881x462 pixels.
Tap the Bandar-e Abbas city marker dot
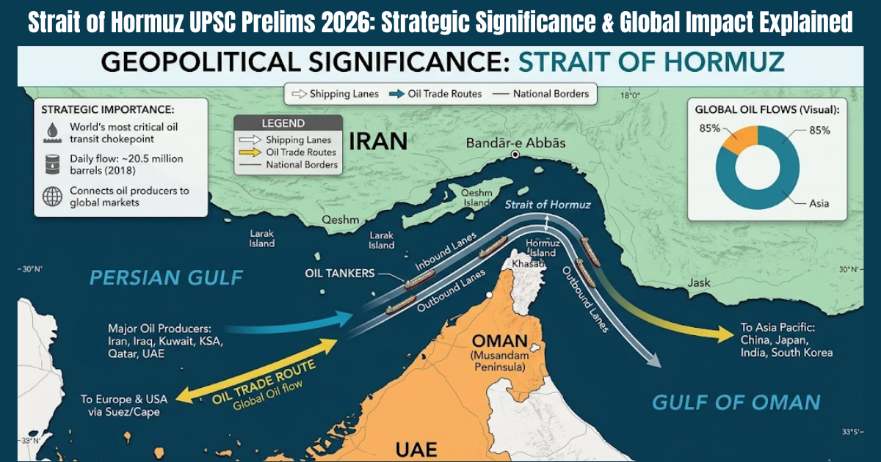point(515,155)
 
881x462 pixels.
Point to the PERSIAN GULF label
point(166,278)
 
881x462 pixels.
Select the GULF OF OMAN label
point(736,402)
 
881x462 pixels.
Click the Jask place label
point(699,282)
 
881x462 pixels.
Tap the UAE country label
point(416,449)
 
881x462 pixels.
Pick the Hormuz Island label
point(543,247)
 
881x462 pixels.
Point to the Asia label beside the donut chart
point(819,203)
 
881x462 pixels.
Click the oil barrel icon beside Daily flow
point(52,164)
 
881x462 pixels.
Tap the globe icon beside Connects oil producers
point(52,196)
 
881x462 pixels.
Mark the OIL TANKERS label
point(340,273)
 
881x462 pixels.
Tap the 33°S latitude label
point(852,431)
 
